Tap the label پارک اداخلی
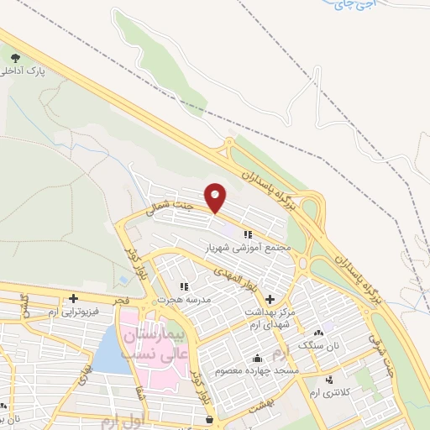click(34, 72)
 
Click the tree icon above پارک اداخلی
click(16, 57)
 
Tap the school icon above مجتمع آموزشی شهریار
click(248, 234)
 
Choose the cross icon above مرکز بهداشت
click(269, 300)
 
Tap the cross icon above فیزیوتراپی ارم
click(74, 298)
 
